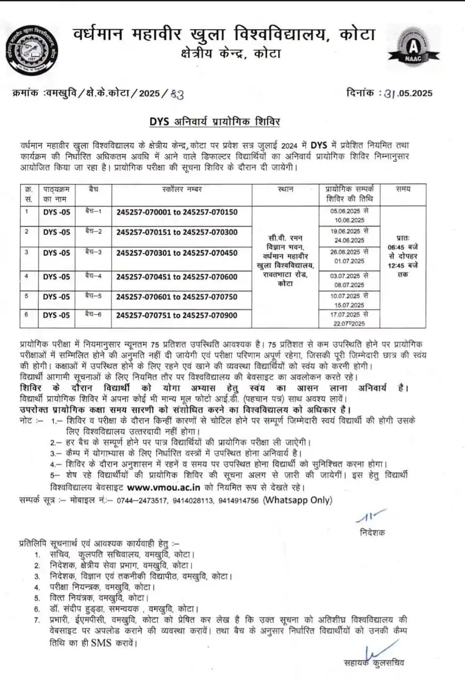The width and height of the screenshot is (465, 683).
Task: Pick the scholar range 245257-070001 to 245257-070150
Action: coord(176,212)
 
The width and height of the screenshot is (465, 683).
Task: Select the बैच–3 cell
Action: coord(93,252)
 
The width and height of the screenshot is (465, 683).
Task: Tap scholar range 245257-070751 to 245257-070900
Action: coord(176,315)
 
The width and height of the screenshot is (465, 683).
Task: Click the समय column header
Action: coord(403,189)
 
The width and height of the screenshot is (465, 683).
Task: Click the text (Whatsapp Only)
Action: coord(298,500)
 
